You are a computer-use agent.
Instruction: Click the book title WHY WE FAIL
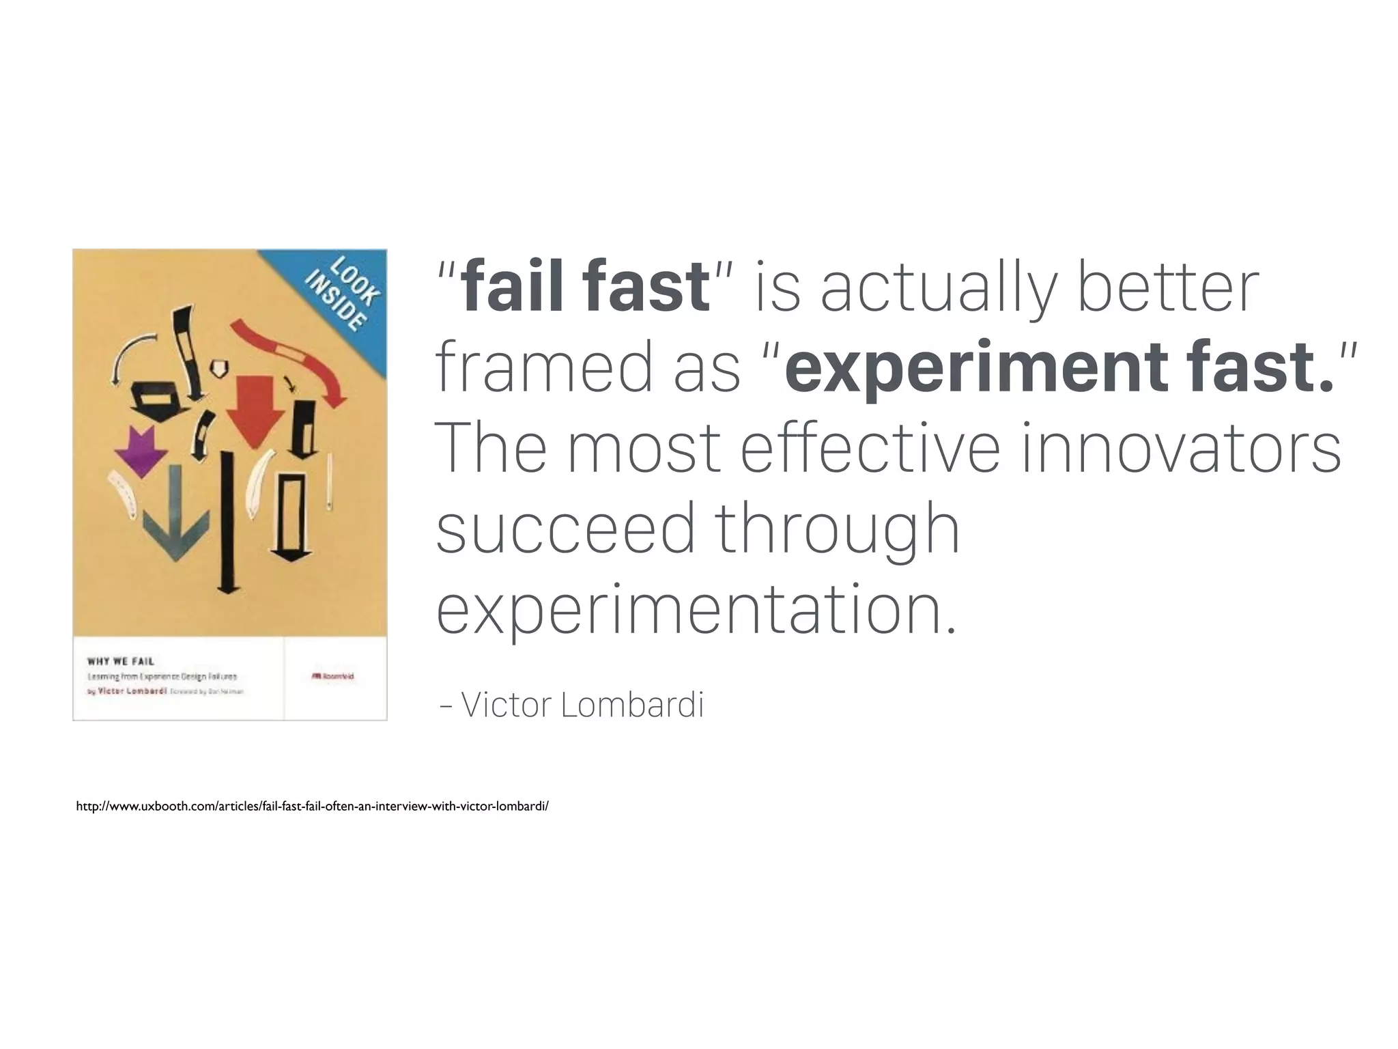point(121,661)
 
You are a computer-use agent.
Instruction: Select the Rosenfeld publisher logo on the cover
point(332,676)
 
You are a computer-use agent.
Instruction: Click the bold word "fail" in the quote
point(516,286)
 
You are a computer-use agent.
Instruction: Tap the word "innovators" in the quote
point(1181,448)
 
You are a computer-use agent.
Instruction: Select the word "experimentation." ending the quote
point(696,609)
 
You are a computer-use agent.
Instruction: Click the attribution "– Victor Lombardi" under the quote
point(572,705)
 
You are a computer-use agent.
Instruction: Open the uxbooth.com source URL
point(312,807)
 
